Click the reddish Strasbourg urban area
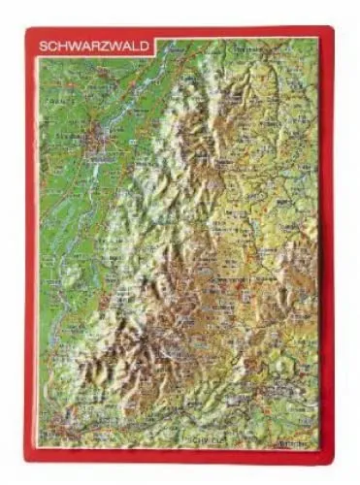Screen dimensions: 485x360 pyautogui.click(x=96, y=143)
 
